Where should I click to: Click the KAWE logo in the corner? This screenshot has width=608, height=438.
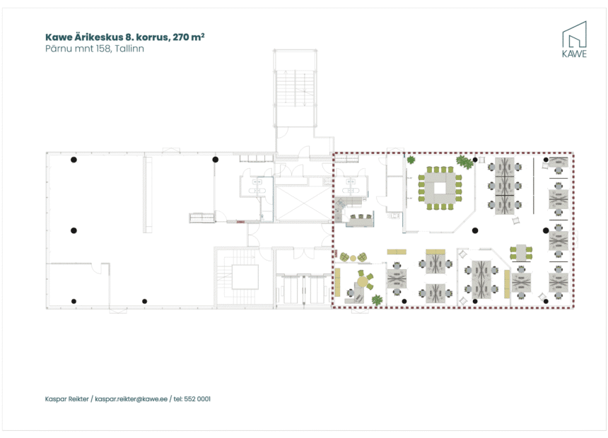(573, 40)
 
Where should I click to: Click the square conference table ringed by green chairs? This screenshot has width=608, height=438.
(440, 188)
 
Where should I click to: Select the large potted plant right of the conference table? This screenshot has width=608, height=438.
(464, 162)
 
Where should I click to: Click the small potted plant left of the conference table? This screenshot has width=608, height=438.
(410, 160)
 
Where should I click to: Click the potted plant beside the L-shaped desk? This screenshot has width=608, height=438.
(377, 300)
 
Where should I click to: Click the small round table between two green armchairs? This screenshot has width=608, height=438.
(352, 257)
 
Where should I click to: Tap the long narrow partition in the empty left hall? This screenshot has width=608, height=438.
(147, 194)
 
